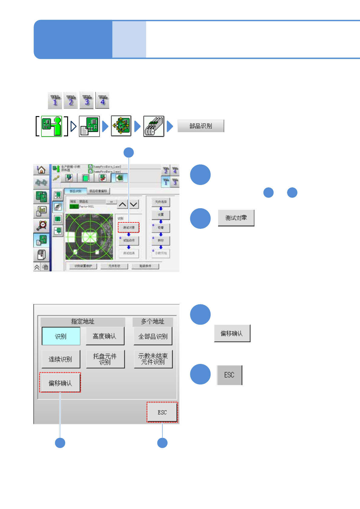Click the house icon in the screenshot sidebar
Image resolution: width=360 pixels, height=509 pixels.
(41, 170)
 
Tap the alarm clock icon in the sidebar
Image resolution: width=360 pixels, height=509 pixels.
(41, 225)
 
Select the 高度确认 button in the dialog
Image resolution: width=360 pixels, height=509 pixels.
(105, 336)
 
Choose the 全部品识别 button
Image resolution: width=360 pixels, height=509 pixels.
(153, 336)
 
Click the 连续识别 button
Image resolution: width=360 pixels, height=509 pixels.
(61, 359)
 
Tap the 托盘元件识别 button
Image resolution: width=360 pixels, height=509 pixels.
(105, 359)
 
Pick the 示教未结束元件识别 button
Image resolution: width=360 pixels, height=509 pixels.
(153, 359)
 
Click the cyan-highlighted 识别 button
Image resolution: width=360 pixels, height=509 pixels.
(61, 336)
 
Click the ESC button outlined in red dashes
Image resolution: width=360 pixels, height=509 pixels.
(162, 412)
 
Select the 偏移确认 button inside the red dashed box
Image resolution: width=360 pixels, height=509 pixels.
(60, 383)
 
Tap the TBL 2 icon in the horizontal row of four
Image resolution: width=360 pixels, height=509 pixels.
(71, 101)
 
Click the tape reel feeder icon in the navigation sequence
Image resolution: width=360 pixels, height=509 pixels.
(154, 126)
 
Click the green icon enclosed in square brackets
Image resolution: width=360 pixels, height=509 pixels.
(51, 126)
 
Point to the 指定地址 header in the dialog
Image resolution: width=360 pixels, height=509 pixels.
(83, 322)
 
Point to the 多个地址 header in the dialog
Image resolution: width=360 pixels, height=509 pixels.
(153, 322)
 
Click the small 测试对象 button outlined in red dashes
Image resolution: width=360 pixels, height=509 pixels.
(129, 227)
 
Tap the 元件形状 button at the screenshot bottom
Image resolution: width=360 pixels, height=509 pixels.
(114, 266)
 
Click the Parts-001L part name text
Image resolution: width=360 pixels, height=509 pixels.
(87, 206)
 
